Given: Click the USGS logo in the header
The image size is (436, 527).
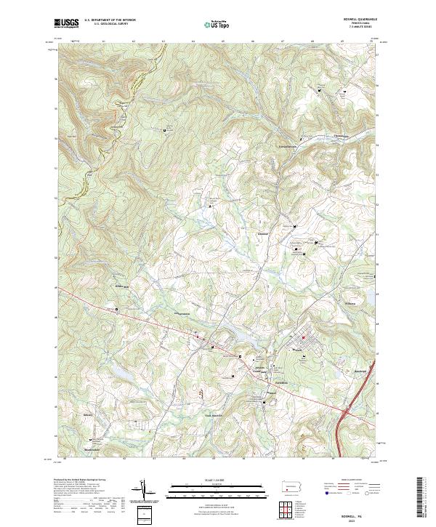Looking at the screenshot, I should (x=67, y=23).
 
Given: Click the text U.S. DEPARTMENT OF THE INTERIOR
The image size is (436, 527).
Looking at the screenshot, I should (x=110, y=20).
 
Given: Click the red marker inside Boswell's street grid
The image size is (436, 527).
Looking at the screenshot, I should (x=304, y=338).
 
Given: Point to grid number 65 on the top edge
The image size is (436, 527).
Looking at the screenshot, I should (x=192, y=41).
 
